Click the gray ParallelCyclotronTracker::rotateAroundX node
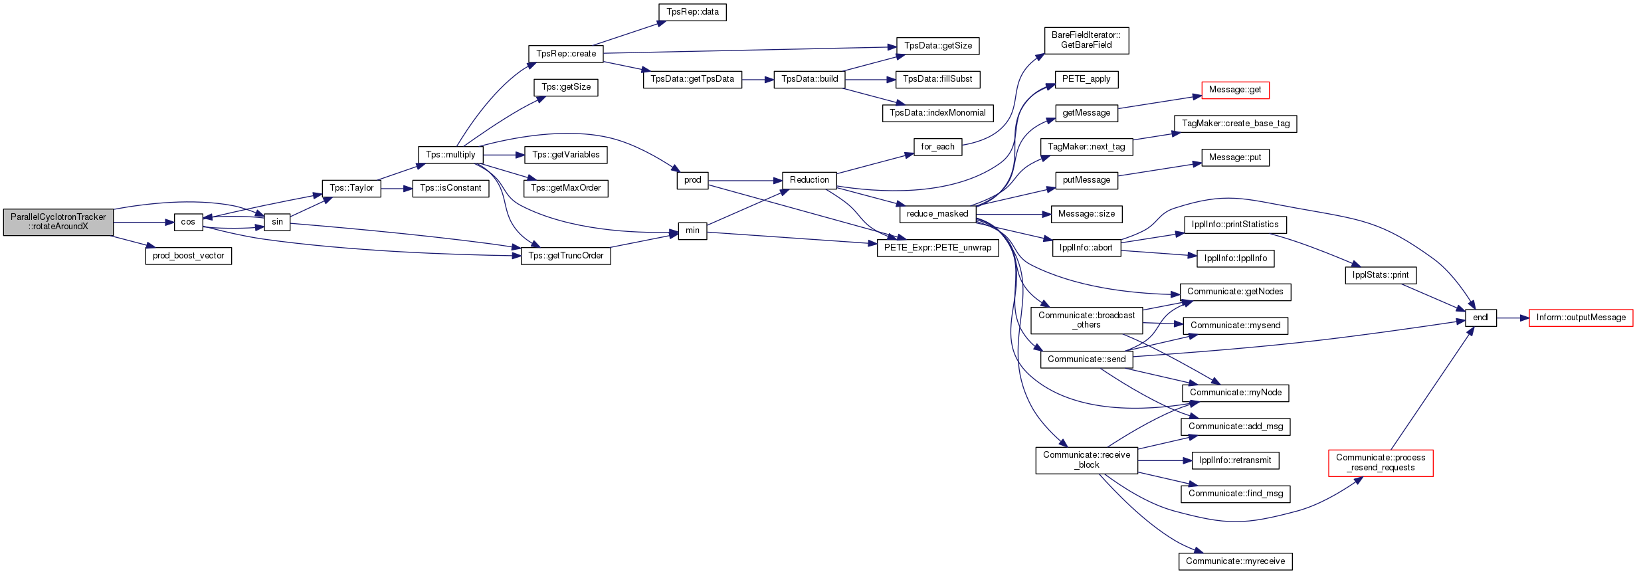pos(58,222)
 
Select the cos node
pos(188,222)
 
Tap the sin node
pos(277,222)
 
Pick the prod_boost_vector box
pos(188,256)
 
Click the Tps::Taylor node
pos(351,188)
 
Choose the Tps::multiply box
pos(450,155)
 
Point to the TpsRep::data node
pos(692,12)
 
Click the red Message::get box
pos(1235,90)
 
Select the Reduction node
pos(809,180)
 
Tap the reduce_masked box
pos(937,214)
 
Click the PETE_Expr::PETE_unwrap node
pos(937,248)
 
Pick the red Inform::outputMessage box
pos(1581,318)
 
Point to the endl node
pos(1481,318)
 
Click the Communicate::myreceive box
pos(1235,561)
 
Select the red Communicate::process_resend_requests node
pos(1381,462)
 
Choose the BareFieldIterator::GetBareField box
pos(1086,40)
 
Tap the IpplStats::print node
pos(1381,275)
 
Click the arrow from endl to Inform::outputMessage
pos(1513,318)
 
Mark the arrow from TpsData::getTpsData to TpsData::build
pos(758,79)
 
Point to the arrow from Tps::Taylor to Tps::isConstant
pos(397,189)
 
